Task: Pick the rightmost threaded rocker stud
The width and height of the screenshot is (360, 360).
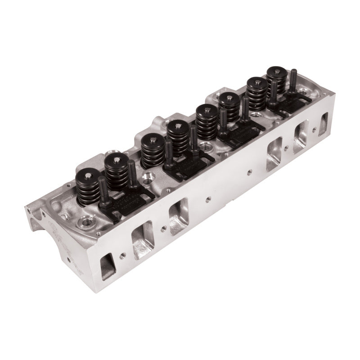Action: tap(293, 81)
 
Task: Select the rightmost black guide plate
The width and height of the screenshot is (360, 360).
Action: tap(290, 103)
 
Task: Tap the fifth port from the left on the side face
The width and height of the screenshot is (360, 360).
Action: tap(301, 137)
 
